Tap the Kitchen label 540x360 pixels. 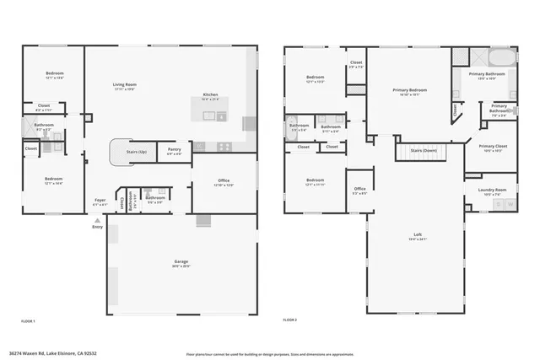210,95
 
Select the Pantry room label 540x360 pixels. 174,151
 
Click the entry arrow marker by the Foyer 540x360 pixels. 97,219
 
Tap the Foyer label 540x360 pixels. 100,201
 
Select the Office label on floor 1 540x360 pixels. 224,181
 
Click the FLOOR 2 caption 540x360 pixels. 291,321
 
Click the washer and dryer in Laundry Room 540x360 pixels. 503,204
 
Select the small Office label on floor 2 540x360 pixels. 359,190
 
